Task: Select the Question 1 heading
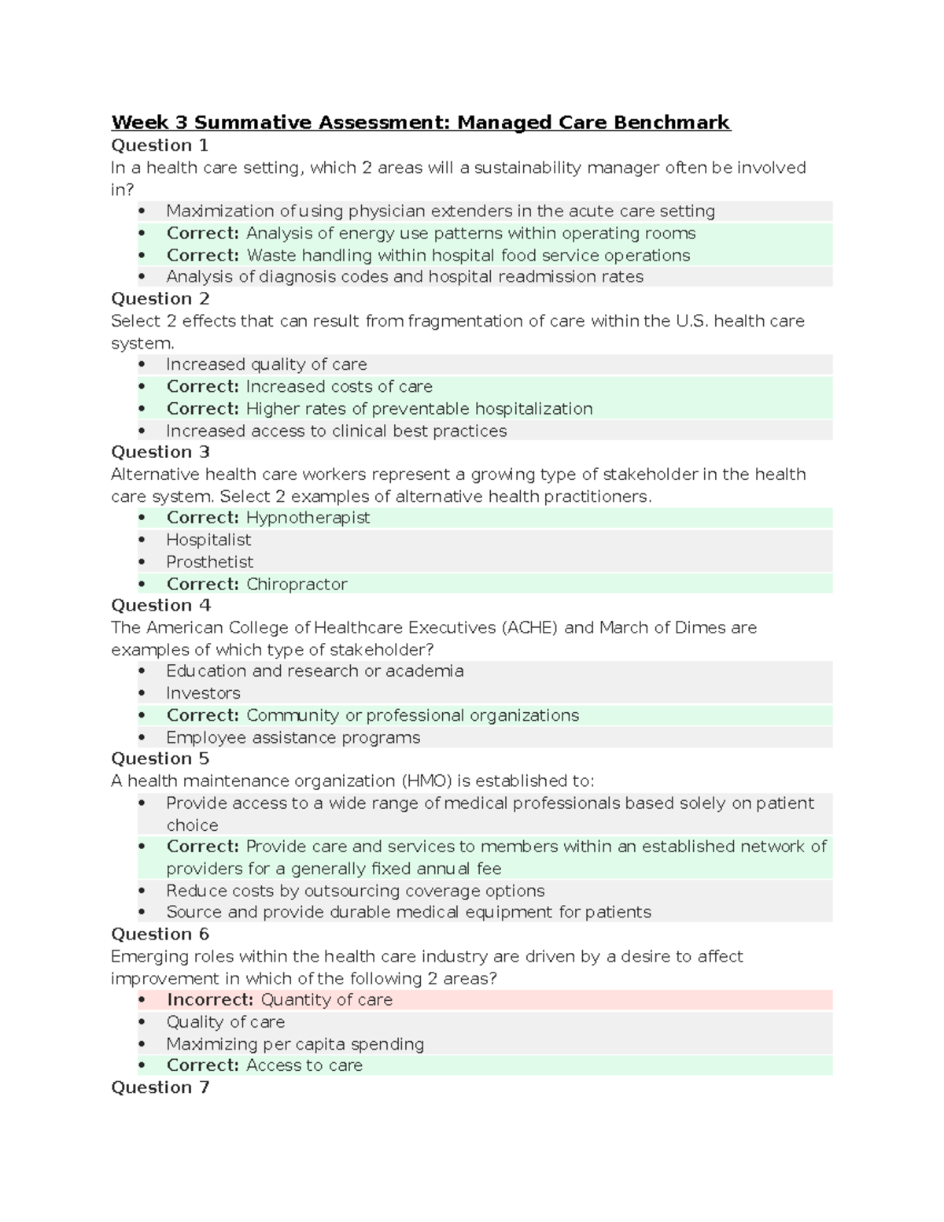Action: tap(160, 146)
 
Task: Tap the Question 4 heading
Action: tap(160, 605)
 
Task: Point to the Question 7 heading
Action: tap(160, 1087)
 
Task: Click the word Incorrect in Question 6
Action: tap(210, 1000)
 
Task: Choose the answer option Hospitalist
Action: tap(208, 540)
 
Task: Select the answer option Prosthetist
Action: tap(209, 562)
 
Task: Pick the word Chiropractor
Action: tap(297, 584)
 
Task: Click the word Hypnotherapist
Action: tap(308, 518)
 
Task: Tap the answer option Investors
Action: tap(203, 693)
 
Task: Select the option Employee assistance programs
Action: tap(293, 737)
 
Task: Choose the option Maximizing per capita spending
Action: tap(295, 1044)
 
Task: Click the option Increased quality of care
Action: tap(266, 364)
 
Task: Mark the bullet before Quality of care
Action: tap(142, 1022)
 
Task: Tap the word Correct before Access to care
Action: tap(202, 1065)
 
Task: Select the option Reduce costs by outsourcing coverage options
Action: tap(355, 891)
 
